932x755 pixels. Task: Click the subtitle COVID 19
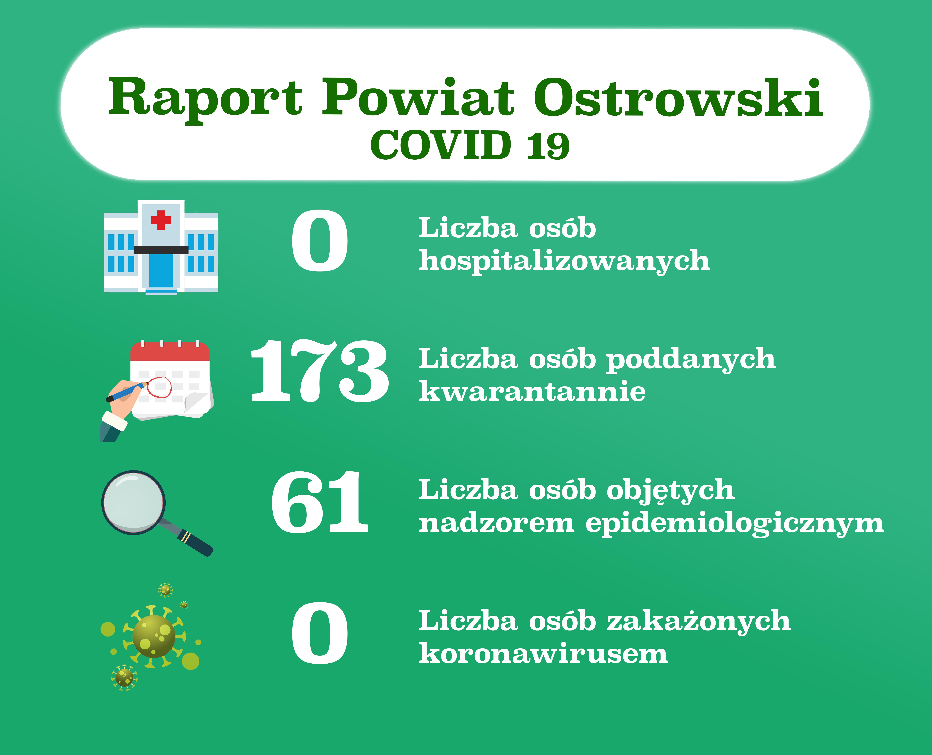click(x=470, y=145)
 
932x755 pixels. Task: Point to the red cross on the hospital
click(x=161, y=220)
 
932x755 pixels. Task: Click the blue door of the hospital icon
click(x=161, y=271)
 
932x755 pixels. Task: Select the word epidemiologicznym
click(x=734, y=523)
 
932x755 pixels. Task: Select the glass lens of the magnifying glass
click(x=134, y=502)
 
